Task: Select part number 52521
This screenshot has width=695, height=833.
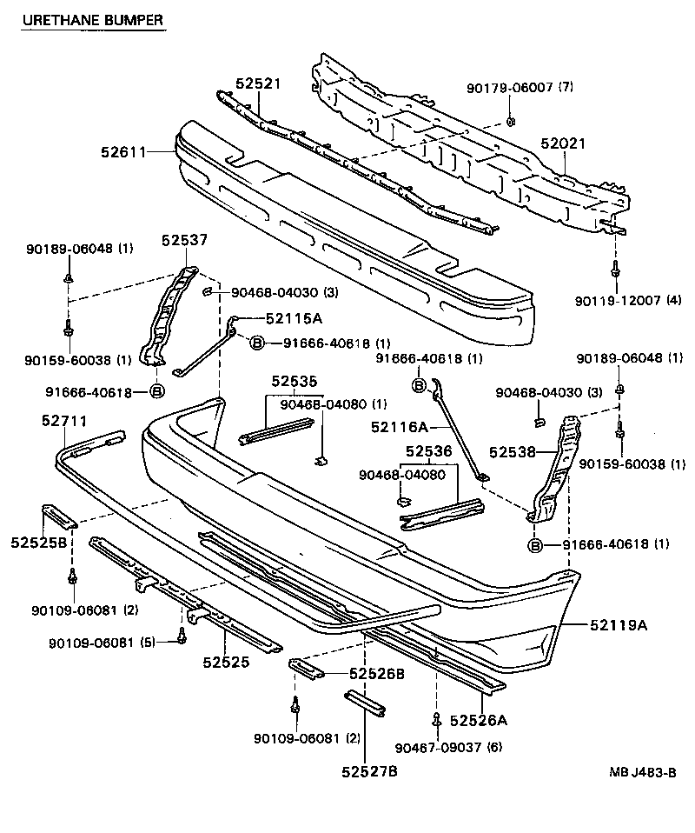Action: (x=259, y=83)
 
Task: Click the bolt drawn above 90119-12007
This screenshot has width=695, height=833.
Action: (x=615, y=271)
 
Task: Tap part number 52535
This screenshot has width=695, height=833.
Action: (x=294, y=381)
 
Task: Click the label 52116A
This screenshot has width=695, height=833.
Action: (x=400, y=426)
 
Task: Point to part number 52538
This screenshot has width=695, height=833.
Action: (x=512, y=452)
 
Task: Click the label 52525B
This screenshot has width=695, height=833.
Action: (x=40, y=543)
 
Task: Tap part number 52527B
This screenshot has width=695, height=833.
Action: (x=369, y=770)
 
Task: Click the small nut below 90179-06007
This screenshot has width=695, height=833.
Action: (x=511, y=119)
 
